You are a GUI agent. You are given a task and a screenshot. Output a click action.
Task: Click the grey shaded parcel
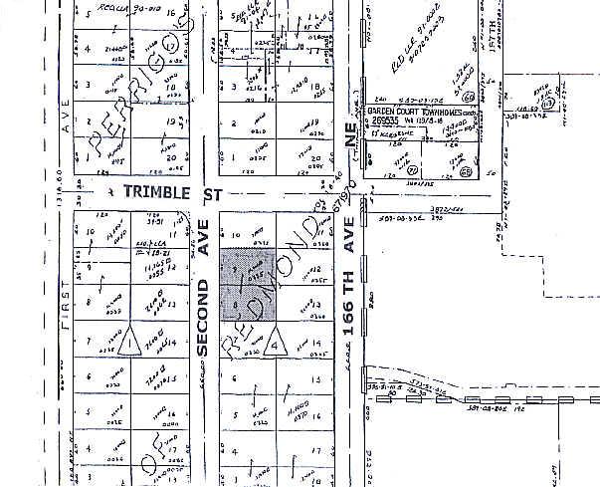click(x=249, y=283)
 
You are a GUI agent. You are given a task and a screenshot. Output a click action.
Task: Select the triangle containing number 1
click(x=131, y=343)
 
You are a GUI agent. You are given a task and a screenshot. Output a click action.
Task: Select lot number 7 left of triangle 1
click(x=90, y=343)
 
